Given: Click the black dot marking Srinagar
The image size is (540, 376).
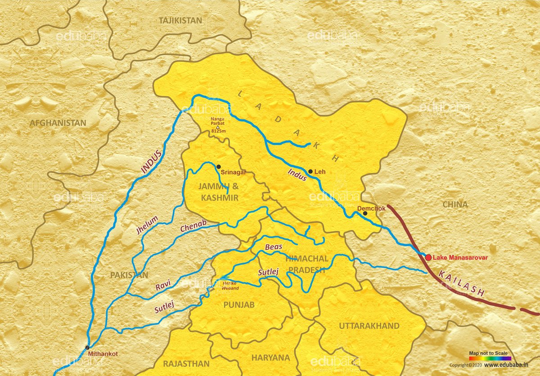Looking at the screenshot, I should point(219,167).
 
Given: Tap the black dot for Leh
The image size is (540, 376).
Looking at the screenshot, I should point(310,171).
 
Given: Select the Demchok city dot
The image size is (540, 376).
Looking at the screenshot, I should point(365,213).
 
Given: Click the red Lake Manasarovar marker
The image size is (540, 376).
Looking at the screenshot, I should point(428,257).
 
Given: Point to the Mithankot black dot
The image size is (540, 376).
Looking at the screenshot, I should point(87,347).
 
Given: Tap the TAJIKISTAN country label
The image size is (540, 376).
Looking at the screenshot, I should point(180,21).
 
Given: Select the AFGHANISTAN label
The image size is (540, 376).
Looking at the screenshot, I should point(58,123).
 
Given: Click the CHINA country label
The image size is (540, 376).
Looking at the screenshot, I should point(455,204).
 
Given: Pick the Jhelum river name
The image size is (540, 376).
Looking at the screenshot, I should point(147,226).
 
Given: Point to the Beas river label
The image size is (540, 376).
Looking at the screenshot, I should point(273,248).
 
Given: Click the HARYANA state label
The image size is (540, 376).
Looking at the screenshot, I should point(270,358).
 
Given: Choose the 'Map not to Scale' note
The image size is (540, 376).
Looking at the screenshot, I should point(488,353).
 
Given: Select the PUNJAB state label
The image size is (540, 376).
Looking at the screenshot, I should point(239,305).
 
